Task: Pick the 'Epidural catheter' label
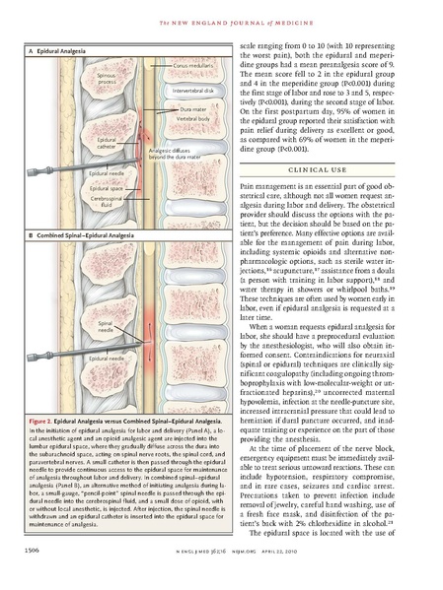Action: coord(107,145)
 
